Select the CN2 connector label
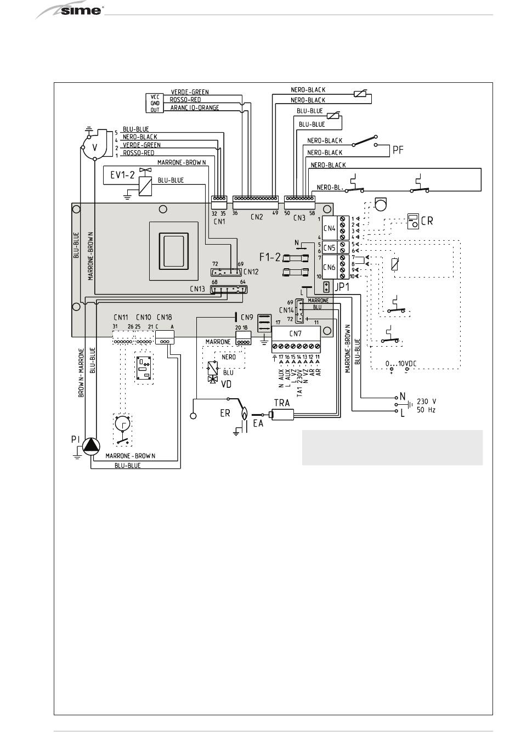coord(257,217)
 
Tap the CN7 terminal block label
coord(295,334)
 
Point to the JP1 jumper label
coord(342,286)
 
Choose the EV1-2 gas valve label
coord(123,176)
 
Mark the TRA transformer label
coord(281,403)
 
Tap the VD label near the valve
coord(226,385)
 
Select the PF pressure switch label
coord(398,149)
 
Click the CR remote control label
coord(427,221)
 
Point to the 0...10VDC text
coord(402,363)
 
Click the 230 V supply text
coord(426,400)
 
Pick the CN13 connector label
coord(197,289)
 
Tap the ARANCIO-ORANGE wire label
coord(195,108)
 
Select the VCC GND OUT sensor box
coord(155,103)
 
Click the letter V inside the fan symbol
coord(94,148)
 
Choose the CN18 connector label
coord(164,317)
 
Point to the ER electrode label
coord(225,413)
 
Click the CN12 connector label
coord(251,272)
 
